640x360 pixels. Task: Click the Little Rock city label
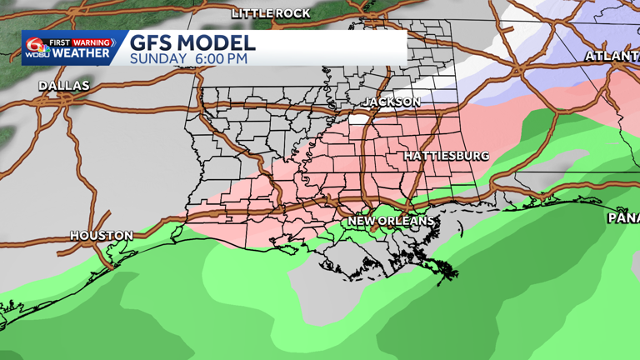click(x=271, y=13)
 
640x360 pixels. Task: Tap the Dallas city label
click(x=64, y=86)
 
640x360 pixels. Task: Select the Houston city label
click(x=101, y=236)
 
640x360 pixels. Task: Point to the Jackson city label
click(x=391, y=102)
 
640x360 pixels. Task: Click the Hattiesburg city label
click(x=446, y=156)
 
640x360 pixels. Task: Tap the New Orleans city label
click(x=391, y=221)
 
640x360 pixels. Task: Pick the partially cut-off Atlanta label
click(x=612, y=56)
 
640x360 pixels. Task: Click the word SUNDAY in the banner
click(x=157, y=59)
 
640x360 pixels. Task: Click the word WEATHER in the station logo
click(x=81, y=53)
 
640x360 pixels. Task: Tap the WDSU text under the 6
click(x=37, y=55)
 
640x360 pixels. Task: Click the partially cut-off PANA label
click(x=622, y=217)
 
